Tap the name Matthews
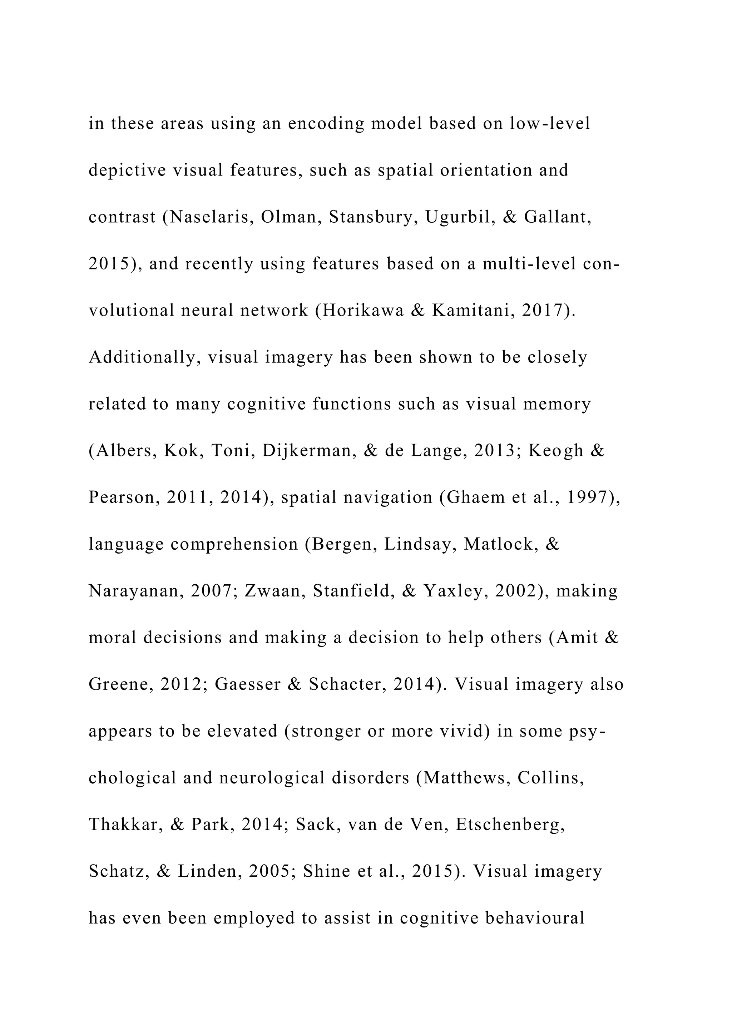[467, 778]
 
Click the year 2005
[269, 871]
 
